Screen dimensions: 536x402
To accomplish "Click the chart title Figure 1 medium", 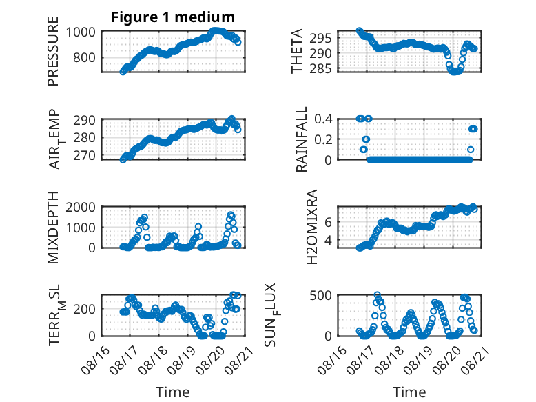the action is point(173,17).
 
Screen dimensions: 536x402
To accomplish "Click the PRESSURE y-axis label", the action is point(53,51).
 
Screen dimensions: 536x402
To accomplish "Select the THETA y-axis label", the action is point(297,51).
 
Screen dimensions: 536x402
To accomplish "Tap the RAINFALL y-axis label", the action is point(302,139).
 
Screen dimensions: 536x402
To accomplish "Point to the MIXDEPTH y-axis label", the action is point(53,228).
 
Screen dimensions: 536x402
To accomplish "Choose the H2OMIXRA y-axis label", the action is point(312,227).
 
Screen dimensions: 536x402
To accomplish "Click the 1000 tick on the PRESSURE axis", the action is point(81,32).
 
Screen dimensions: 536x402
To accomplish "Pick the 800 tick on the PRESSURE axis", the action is point(84,57).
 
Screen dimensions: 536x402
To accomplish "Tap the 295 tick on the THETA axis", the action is point(320,39).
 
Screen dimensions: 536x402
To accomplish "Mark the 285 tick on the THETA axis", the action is point(320,69).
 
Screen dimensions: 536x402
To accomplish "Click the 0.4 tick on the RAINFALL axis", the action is point(323,119).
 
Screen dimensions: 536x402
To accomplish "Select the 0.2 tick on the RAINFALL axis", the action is point(323,139).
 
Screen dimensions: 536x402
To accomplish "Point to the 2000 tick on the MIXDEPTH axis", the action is point(81,207).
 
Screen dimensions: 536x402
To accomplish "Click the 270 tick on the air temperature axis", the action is point(84,155).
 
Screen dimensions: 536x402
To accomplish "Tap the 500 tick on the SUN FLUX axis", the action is point(320,295).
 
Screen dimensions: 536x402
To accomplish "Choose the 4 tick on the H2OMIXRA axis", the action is point(328,240).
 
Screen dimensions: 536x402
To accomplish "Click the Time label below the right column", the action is point(409,392).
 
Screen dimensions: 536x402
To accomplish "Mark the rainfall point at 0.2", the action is point(366,139).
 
